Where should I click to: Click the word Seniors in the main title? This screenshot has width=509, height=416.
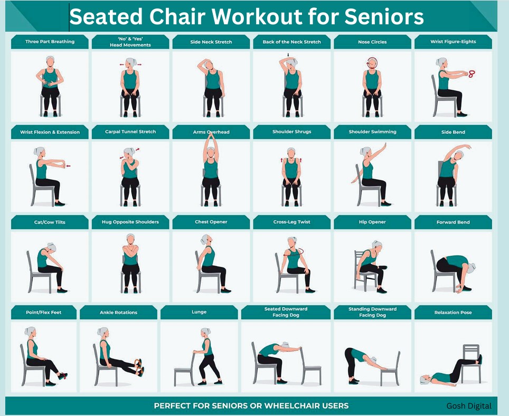pos(384,16)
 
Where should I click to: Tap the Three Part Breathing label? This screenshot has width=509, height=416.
pos(50,42)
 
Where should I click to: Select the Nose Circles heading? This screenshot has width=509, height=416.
pos(372,42)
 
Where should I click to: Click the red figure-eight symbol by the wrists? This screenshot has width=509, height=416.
pos(471,74)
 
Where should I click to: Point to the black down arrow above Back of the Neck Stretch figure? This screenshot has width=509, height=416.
pos(288,54)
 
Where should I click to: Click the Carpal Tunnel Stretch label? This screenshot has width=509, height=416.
pos(130,132)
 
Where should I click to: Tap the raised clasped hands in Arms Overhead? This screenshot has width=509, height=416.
pos(211,135)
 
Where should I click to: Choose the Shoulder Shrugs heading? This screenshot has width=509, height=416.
pos(292,132)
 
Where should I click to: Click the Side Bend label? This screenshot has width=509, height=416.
pos(453,132)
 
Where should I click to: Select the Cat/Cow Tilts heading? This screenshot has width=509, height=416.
pos(50,223)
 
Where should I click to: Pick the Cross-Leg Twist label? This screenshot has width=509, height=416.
pos(292,222)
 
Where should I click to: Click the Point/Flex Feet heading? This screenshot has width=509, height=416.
pos(43,312)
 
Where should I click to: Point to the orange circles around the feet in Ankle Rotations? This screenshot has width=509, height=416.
pos(139,367)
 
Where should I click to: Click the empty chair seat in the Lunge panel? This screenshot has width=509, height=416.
pos(184,369)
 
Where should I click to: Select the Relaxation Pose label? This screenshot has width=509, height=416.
pos(453,312)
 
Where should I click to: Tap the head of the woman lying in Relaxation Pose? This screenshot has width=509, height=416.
pos(425,380)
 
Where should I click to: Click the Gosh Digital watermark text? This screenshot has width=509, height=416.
pos(469,405)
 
